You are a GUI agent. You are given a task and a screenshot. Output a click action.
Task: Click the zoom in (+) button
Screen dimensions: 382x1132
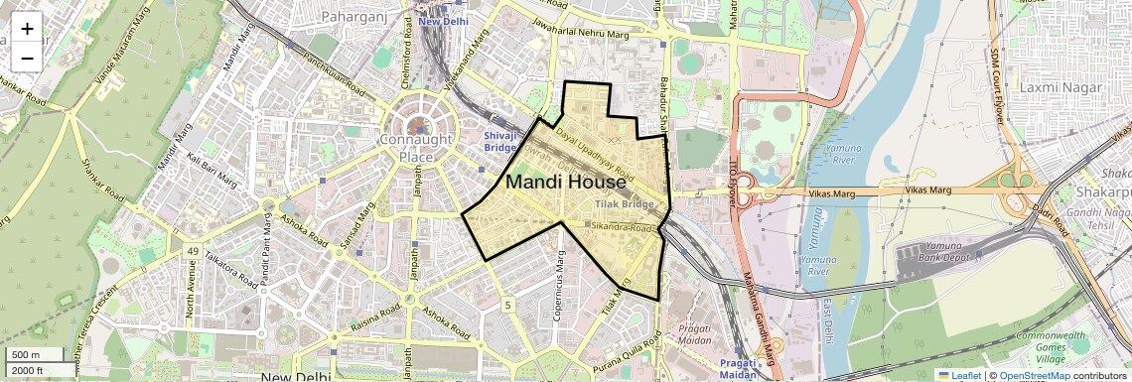point(27,29)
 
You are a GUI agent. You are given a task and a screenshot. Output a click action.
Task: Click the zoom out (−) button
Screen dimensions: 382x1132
point(27,58)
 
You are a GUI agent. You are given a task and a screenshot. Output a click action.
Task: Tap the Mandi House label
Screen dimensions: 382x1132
point(566,183)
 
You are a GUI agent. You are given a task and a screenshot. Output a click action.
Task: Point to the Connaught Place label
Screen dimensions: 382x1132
point(420,148)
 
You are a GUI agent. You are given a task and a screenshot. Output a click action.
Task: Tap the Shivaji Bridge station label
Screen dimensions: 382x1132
point(501,141)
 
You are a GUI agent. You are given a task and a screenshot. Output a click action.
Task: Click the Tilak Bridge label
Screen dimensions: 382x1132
point(625,203)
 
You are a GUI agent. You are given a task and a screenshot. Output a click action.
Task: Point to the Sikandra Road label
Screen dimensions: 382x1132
point(623,228)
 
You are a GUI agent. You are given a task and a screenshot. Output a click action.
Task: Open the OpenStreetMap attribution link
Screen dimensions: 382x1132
point(1034,375)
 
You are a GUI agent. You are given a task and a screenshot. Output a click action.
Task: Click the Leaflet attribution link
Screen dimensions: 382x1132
point(959,375)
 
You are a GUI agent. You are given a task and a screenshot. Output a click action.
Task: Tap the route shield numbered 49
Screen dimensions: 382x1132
point(192,251)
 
